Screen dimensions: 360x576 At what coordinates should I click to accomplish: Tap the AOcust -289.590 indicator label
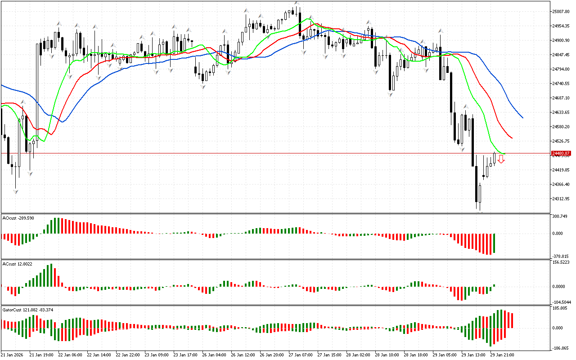point(18,218)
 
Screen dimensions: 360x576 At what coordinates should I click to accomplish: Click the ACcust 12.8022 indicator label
point(18,264)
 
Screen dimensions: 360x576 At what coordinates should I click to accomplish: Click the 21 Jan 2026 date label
point(13,355)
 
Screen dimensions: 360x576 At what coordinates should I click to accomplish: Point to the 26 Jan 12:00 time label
point(244,355)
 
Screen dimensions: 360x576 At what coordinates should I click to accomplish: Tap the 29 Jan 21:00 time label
point(503,355)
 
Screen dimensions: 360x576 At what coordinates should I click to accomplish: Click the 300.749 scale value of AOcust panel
point(560,216)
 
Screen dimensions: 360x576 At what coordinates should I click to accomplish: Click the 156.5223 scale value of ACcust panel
point(561,262)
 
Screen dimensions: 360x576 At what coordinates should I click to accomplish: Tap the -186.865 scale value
point(560,348)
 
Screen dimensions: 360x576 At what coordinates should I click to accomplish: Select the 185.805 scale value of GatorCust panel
point(560,308)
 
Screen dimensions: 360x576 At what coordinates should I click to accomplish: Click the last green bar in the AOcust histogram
point(494,243)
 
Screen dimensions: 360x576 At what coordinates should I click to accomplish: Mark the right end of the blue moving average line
point(523,118)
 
